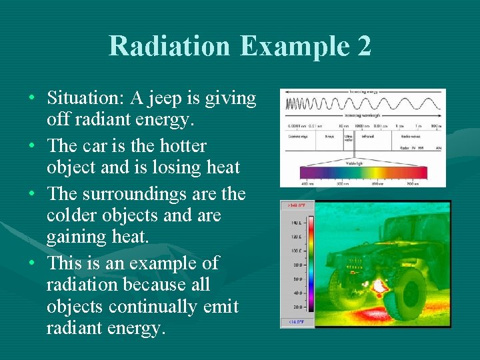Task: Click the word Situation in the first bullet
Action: click(84, 99)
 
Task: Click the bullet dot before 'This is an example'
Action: click(33, 263)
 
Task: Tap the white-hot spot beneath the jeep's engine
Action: click(379, 286)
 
